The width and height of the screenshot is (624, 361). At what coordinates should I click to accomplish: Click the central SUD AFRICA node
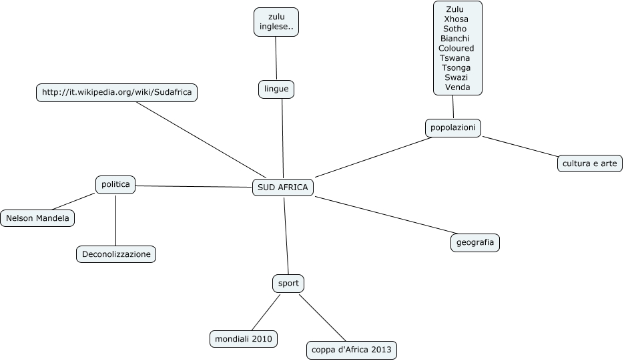point(283,188)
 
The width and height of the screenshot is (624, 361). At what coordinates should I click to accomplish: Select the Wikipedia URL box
point(117,93)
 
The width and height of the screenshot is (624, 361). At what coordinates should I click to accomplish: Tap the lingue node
point(276,88)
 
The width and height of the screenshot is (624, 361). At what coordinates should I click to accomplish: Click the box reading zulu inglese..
point(276,23)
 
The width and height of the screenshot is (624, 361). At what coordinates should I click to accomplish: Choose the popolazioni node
point(453,127)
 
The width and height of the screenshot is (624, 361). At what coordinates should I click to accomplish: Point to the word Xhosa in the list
point(456,19)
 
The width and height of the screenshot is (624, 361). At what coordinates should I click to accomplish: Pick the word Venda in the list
point(457,87)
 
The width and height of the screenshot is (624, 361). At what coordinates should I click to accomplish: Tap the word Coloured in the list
point(456,48)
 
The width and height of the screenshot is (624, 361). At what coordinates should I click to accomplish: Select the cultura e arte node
point(590,163)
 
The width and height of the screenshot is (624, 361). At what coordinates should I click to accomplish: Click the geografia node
point(475,242)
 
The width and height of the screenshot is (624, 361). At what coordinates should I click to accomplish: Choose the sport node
point(288,284)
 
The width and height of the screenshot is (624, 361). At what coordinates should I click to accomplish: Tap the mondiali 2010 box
point(244,339)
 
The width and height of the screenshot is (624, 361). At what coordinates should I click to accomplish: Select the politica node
point(115,184)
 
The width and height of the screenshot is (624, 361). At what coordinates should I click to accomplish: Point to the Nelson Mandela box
point(37,218)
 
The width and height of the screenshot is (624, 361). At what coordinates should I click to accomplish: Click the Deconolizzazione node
point(116,254)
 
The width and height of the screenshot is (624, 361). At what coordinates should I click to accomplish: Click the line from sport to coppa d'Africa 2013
point(322,316)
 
